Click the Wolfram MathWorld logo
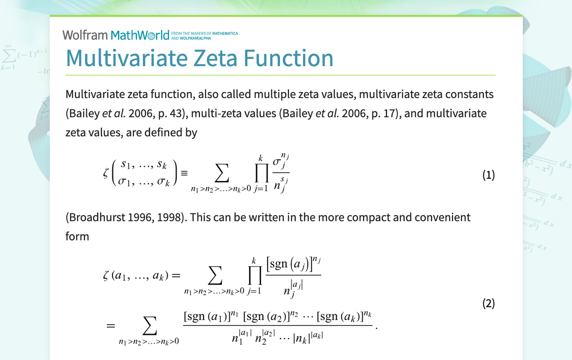116,35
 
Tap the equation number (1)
488,175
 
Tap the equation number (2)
488,303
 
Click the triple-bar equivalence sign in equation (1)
184,174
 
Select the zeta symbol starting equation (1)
105,174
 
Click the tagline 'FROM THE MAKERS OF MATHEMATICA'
204,33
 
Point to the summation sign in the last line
149,326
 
